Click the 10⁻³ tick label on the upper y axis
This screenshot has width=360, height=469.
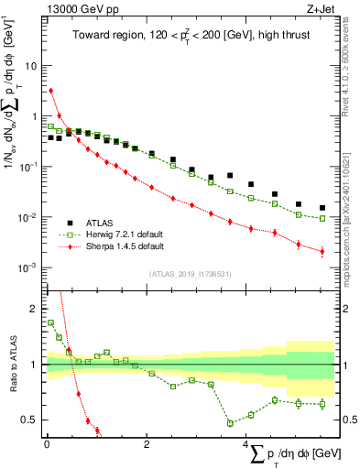point(29,267)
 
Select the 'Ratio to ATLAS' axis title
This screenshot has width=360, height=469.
point(12,365)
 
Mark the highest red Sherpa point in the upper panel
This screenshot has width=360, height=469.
point(51,91)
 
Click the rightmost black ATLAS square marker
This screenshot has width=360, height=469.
point(322,208)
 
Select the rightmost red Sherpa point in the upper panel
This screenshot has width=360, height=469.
point(322,251)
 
